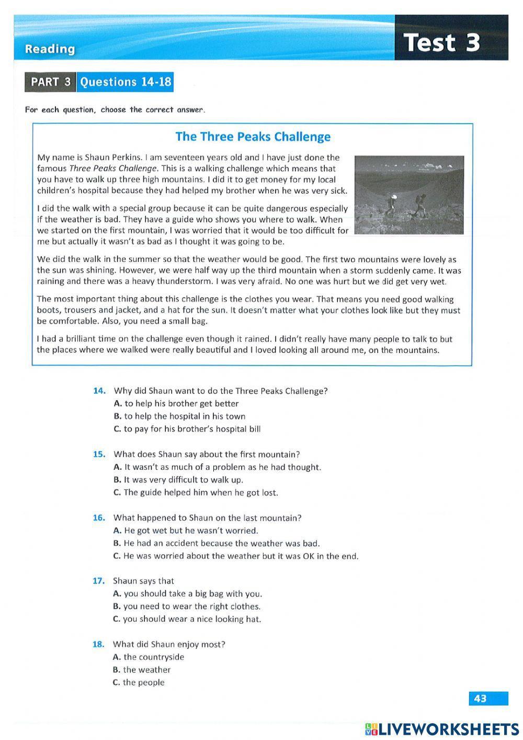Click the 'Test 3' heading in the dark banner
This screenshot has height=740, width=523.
point(442,42)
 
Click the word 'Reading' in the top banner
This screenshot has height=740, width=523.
point(50,49)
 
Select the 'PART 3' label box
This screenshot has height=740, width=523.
point(50,82)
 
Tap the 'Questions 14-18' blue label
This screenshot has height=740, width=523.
point(124,82)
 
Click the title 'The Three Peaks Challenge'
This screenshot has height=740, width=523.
point(253,137)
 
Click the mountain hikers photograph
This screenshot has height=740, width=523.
point(408,194)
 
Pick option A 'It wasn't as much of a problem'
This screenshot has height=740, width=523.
point(217,467)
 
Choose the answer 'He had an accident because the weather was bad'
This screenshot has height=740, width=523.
point(216,544)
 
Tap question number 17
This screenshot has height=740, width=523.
point(99,581)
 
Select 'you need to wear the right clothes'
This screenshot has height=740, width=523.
point(187,606)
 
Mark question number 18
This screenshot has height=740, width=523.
point(99,644)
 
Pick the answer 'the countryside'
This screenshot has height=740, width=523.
point(149,657)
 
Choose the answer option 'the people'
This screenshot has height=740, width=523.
point(139,682)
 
